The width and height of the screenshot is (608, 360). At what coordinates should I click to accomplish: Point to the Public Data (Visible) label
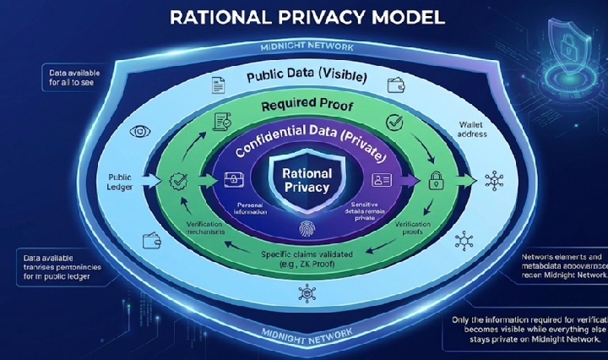pos(306,77)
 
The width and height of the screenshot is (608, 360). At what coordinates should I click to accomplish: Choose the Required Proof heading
pos(305,107)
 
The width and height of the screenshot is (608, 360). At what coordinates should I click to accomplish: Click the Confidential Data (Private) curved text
pos(307,145)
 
